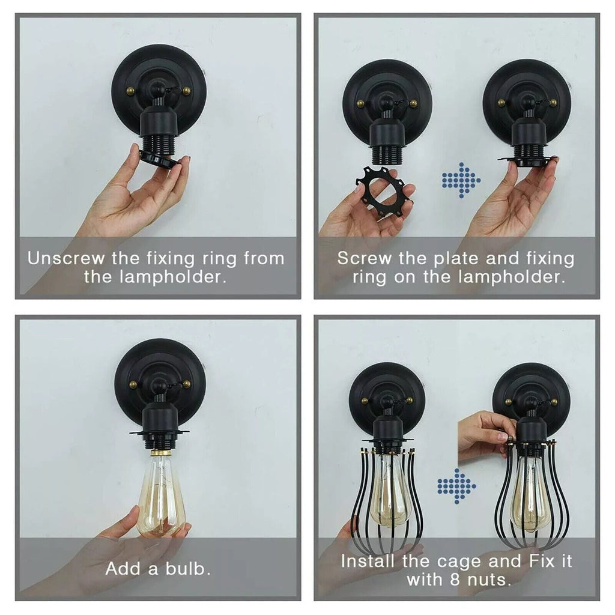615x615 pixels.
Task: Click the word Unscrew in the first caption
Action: [x=66, y=258]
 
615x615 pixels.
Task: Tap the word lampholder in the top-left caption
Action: [x=172, y=277]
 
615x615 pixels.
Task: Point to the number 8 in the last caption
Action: [x=455, y=580]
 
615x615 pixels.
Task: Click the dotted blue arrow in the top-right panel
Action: [x=461, y=180]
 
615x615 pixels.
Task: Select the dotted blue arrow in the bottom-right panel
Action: [x=456, y=486]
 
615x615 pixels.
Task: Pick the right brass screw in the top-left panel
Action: [x=187, y=91]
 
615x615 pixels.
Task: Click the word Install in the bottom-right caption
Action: [x=367, y=562]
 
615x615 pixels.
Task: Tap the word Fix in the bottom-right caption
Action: [x=542, y=562]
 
